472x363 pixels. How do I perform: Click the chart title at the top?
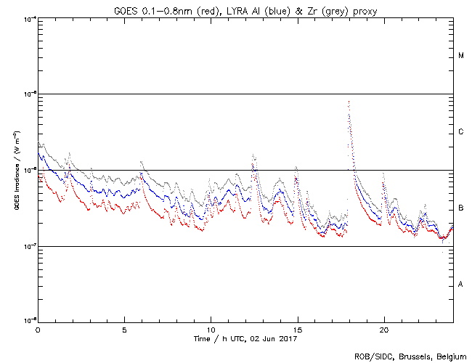pyautogui.click(x=245, y=9)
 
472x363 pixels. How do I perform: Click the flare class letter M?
pyautogui.click(x=461, y=56)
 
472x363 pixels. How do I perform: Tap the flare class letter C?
pyautogui.click(x=461, y=132)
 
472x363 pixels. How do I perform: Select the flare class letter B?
pyautogui.click(x=461, y=208)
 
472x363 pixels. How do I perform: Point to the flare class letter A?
pyautogui.click(x=461, y=285)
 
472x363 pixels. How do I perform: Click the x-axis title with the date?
pyautogui.click(x=245, y=339)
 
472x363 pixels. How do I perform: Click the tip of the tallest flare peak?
pyautogui.click(x=349, y=102)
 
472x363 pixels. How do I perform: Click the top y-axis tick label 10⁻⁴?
pyautogui.click(x=29, y=18)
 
